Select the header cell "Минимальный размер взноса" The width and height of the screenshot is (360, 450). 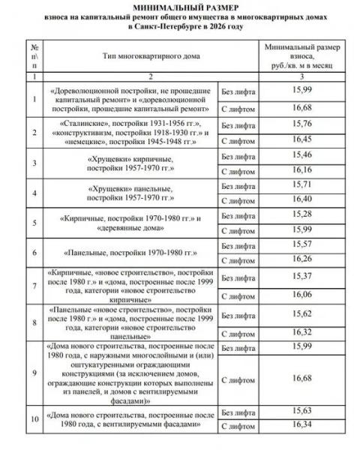coord(303,55)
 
